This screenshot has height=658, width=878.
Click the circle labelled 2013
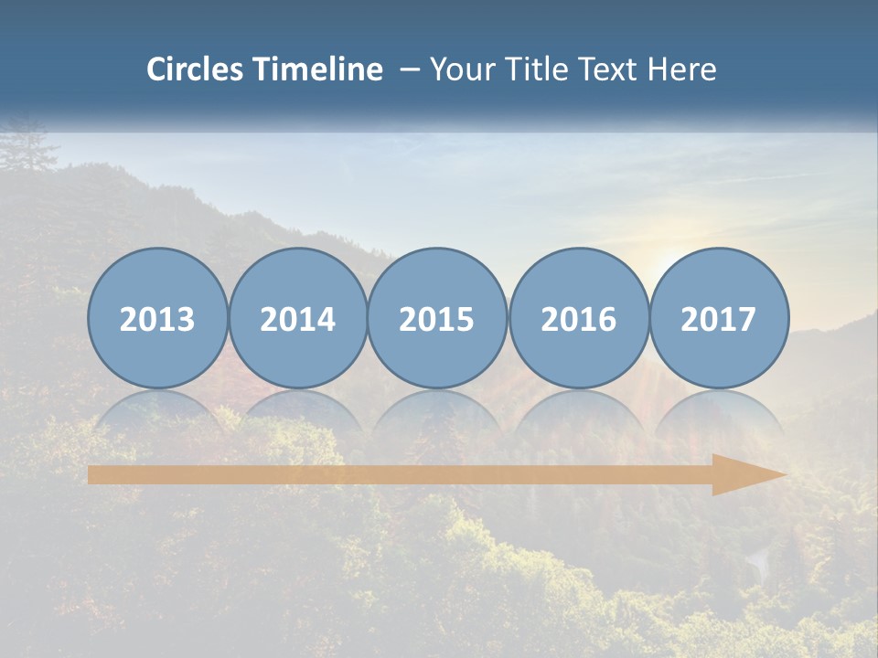click(x=157, y=319)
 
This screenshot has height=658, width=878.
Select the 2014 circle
click(x=297, y=319)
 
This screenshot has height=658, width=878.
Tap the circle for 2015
click(x=437, y=319)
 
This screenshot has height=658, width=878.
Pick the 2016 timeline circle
click(x=578, y=319)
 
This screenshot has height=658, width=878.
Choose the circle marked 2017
click(x=719, y=319)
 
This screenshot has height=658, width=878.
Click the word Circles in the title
click(x=196, y=69)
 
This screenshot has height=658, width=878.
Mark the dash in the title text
click(x=409, y=69)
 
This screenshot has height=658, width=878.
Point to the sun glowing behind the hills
click(x=672, y=265)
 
